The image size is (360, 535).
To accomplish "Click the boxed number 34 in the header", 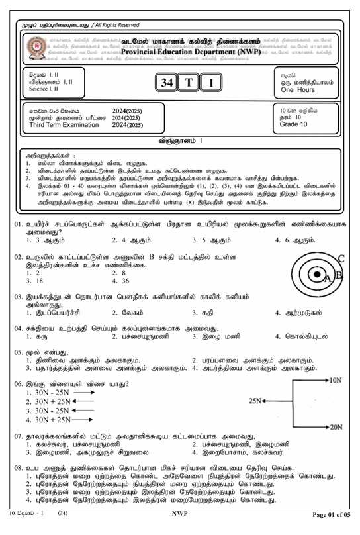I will pyautogui.click(x=165, y=83).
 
